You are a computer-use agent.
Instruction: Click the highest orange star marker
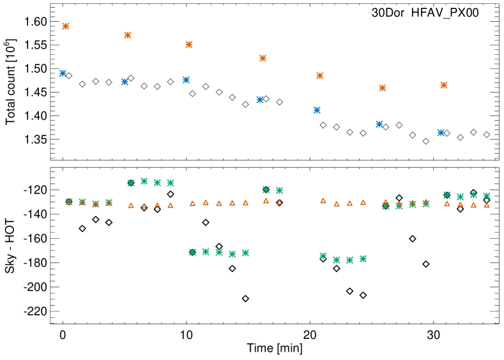pyautogui.click(x=66, y=26)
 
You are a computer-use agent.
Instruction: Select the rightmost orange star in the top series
pyautogui.click(x=444, y=85)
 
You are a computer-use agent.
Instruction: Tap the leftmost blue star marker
pyautogui.click(x=63, y=73)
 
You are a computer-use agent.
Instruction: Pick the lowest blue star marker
pyautogui.click(x=441, y=133)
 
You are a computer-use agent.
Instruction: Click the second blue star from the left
pyautogui.click(x=125, y=82)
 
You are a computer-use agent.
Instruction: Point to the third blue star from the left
pyautogui.click(x=186, y=80)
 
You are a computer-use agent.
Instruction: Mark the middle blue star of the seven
pyautogui.click(x=260, y=100)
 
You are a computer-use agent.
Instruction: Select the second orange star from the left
pyautogui.click(x=128, y=35)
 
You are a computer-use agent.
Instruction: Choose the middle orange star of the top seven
pyautogui.click(x=263, y=58)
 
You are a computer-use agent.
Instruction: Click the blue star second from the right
pyautogui.click(x=379, y=124)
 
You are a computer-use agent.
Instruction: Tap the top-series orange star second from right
pyautogui.click(x=382, y=88)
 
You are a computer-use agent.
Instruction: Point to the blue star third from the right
pyautogui.click(x=317, y=110)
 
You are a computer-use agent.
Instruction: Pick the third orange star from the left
pyautogui.click(x=189, y=45)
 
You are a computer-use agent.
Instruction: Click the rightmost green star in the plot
pyautogui.click(x=487, y=196)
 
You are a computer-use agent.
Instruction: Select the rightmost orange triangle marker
pyautogui.click(x=487, y=205)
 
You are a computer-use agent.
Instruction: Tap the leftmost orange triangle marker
pyautogui.click(x=69, y=202)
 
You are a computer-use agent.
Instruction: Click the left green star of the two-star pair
pyautogui.click(x=266, y=190)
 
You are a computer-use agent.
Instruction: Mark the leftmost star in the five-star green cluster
pyautogui.click(x=192, y=252)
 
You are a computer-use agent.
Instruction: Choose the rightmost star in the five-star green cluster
pyautogui.click(x=245, y=253)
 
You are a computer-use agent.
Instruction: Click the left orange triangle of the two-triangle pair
pyautogui.click(x=266, y=200)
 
